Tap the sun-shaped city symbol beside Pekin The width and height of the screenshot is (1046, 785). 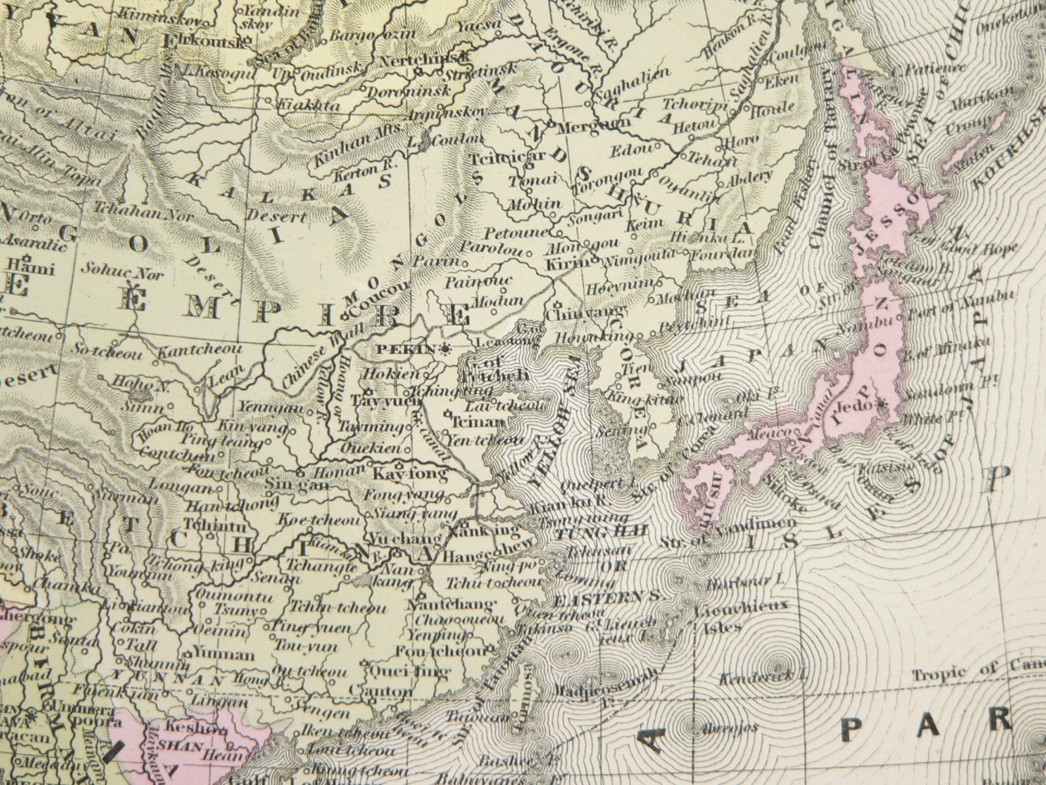click(x=446, y=349)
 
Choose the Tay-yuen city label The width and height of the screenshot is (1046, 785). click(x=386, y=401)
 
